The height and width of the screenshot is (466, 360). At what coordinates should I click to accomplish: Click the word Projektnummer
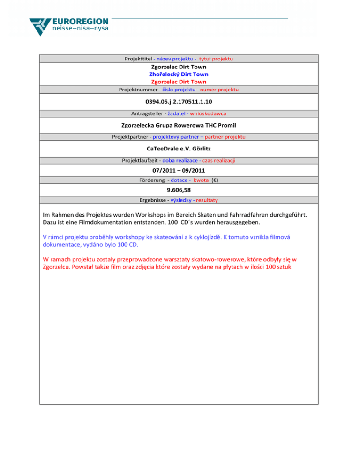coord(139,89)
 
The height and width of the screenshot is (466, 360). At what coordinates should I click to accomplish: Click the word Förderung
coord(152,180)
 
